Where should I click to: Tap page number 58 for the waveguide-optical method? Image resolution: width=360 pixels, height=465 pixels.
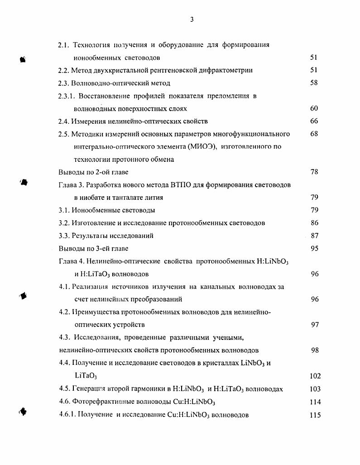[x=314, y=83]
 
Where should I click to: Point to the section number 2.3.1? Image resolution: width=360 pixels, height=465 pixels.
[x=67, y=96]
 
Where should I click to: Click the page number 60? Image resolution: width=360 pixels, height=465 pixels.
[x=314, y=109]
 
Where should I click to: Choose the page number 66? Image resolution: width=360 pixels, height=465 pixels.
[x=314, y=121]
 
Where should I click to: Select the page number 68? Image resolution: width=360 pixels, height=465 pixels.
[x=314, y=134]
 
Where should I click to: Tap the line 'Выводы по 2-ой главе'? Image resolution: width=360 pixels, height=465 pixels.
[x=93, y=172]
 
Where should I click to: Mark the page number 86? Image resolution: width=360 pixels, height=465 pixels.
[x=314, y=223]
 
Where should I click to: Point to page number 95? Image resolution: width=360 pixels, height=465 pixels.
[x=314, y=248]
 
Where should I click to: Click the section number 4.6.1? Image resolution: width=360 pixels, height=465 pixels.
[x=67, y=415]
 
